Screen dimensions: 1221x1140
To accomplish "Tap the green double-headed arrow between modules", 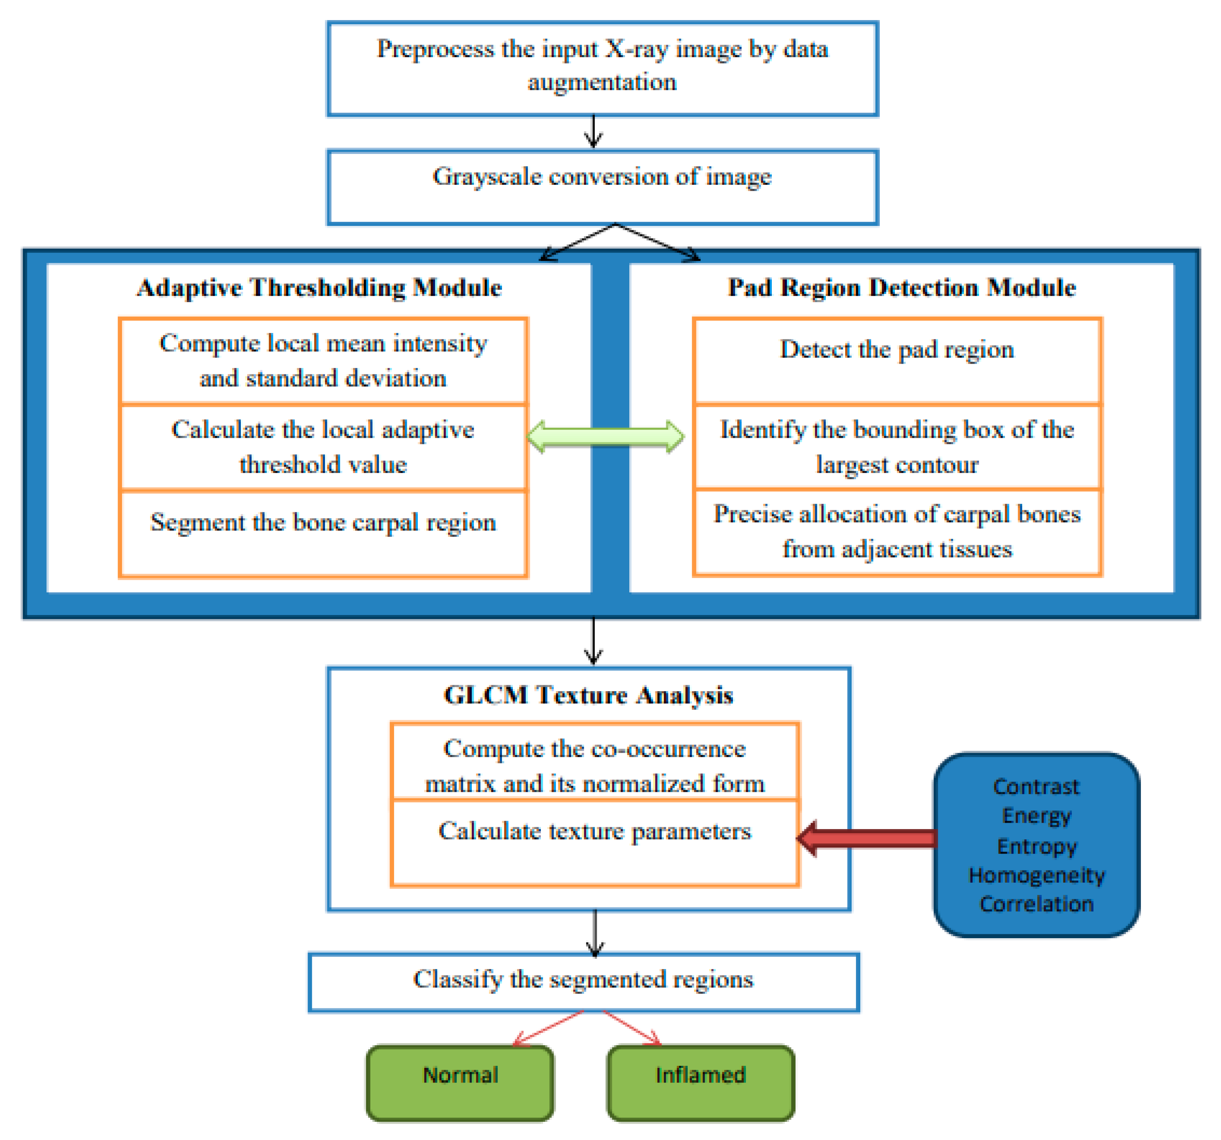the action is coord(606,437).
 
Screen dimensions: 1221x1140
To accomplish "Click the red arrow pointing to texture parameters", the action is coord(867,838).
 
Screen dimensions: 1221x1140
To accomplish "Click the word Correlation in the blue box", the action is coord(1037,904).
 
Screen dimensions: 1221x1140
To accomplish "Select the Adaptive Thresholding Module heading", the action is coord(319,288).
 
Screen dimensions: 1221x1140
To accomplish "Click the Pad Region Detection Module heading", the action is coord(902,287).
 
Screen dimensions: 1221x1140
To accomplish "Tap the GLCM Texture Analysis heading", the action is coord(588,695).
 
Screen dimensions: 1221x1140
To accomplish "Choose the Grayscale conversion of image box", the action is coord(602,187).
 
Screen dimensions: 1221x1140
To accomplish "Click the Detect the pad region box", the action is coord(897,361).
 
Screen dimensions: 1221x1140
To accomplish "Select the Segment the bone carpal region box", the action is coord(323,533).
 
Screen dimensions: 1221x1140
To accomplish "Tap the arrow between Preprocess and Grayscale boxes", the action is coord(593,131).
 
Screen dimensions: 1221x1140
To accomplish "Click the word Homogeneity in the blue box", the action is coord(1037,875).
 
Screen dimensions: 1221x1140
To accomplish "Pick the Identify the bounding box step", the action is coord(897,447).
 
